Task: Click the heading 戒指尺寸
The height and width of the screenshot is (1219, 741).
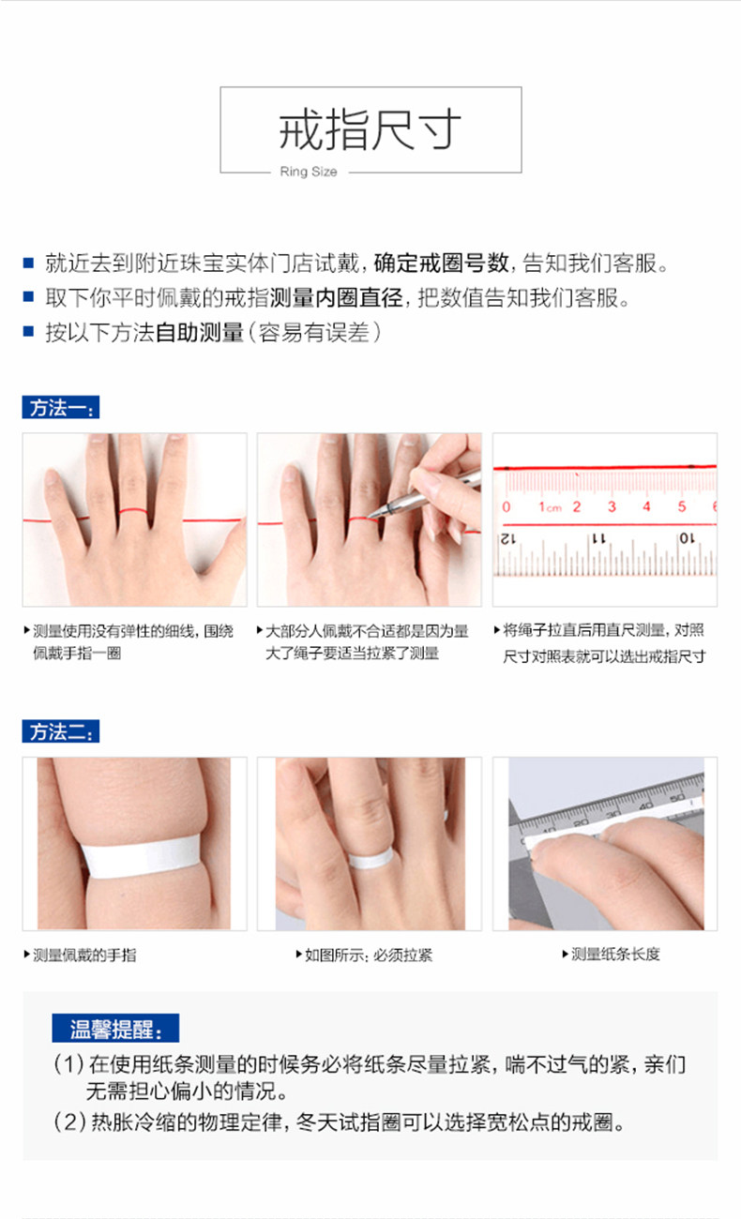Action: (x=370, y=129)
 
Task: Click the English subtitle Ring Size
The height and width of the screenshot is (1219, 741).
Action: (x=309, y=172)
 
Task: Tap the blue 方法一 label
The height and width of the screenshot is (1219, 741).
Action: (x=60, y=407)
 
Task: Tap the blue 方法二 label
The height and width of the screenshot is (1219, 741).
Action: (x=60, y=730)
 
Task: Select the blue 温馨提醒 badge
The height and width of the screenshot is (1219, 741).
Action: (x=115, y=1028)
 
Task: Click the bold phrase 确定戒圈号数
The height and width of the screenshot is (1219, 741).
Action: (x=441, y=263)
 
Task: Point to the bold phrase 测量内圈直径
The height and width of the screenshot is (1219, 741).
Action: (x=336, y=297)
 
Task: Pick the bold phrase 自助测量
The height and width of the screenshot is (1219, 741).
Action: (x=199, y=333)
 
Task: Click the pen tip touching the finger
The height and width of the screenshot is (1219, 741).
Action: (x=370, y=516)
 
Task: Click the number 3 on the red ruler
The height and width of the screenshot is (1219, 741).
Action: (x=612, y=506)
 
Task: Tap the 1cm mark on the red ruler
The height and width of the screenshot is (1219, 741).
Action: (x=550, y=507)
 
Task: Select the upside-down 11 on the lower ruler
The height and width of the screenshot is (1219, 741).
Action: (x=598, y=539)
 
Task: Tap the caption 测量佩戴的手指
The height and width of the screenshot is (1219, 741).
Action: (x=84, y=956)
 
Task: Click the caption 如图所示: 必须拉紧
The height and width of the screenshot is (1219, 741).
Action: (x=368, y=956)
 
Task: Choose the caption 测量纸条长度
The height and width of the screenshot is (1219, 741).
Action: (x=615, y=954)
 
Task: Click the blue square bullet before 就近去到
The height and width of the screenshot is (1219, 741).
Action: (x=28, y=263)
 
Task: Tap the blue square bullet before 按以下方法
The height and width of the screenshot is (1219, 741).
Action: (x=28, y=331)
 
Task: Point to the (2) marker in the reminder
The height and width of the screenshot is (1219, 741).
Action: (x=68, y=1122)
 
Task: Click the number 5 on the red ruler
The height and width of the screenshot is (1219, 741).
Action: (x=681, y=506)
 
